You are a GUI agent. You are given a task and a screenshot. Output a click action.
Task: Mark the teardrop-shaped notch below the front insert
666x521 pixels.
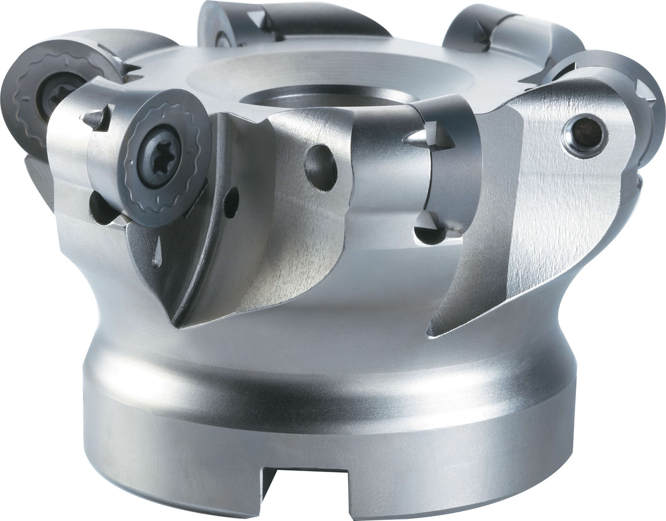click(157, 245)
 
